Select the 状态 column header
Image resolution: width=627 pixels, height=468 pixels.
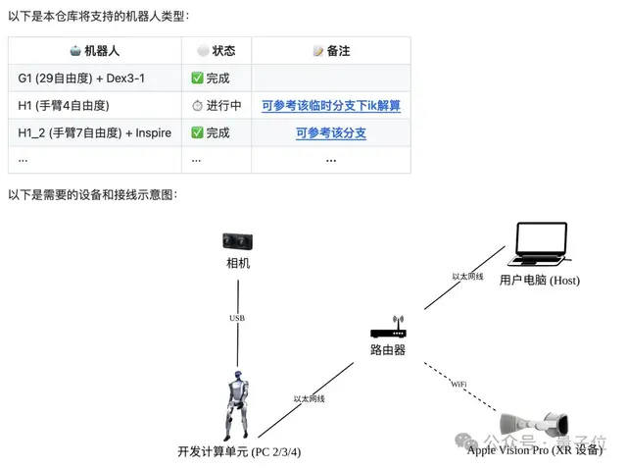pyautogui.click(x=217, y=51)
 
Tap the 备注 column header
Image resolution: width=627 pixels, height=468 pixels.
pyautogui.click(x=331, y=51)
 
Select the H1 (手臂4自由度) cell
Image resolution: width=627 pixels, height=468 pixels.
pyautogui.click(x=63, y=105)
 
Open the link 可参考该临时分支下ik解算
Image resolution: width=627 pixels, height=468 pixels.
pyautogui.click(x=331, y=105)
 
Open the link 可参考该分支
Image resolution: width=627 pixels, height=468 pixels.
pyautogui.click(x=331, y=132)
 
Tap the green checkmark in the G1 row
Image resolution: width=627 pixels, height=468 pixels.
pyautogui.click(x=197, y=78)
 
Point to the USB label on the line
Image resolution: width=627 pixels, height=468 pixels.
pyautogui.click(x=237, y=318)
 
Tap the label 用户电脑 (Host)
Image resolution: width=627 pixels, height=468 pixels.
pyautogui.click(x=540, y=280)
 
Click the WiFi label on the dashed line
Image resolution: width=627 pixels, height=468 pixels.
pyautogui.click(x=458, y=381)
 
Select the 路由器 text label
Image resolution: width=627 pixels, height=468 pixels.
pyautogui.click(x=388, y=349)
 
